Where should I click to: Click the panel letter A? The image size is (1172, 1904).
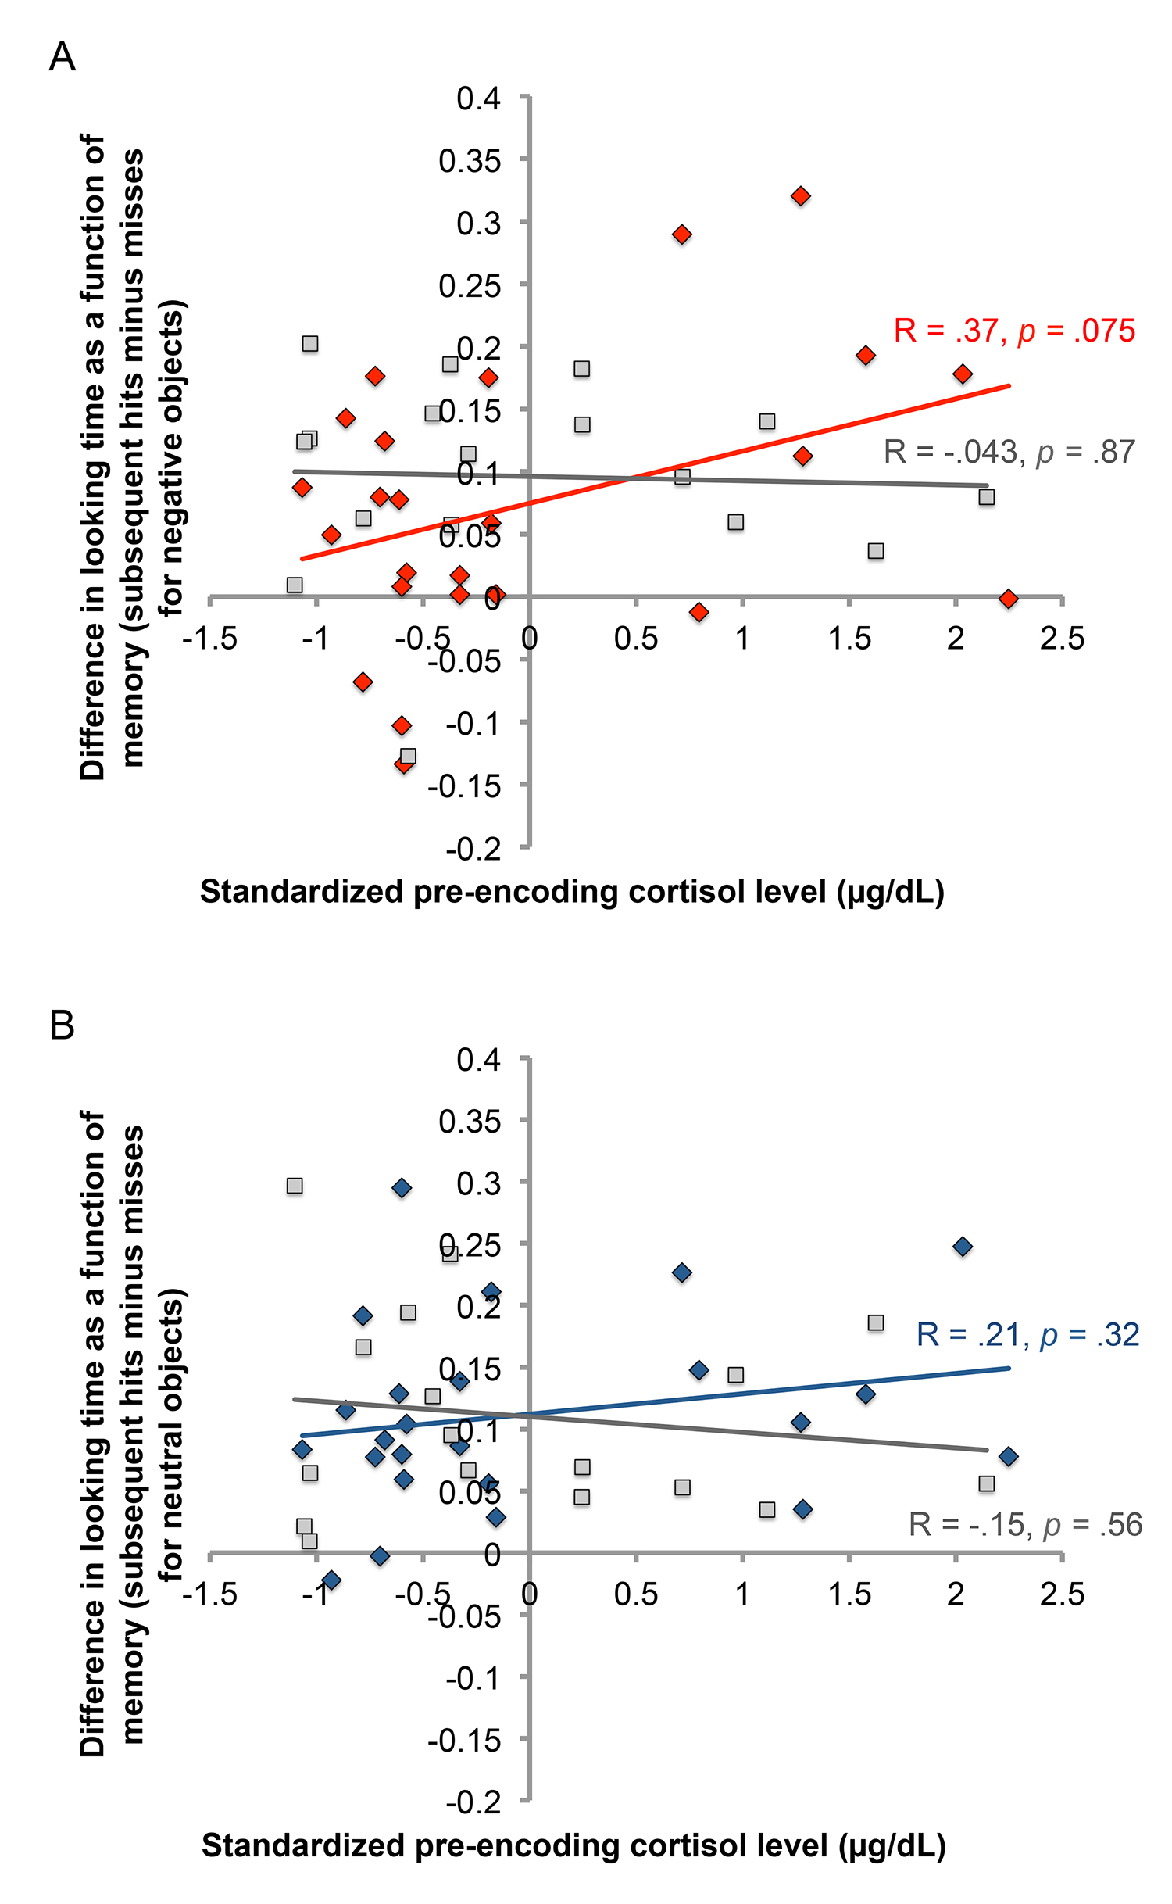(63, 57)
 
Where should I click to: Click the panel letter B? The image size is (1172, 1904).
(63, 1025)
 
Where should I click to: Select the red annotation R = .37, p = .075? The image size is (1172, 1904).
(1013, 331)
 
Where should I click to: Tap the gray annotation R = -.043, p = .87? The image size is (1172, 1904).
(1009, 452)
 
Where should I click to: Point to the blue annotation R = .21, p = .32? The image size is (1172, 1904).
(1027, 1334)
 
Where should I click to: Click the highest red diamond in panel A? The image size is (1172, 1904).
(800, 196)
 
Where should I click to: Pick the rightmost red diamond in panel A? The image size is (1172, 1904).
(1008, 599)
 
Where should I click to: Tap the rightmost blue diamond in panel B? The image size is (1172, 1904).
(1008, 1456)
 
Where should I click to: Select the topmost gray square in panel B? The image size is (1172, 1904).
(295, 1186)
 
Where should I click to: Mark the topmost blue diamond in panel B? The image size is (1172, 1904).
(402, 1188)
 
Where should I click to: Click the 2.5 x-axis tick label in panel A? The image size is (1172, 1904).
(1062, 639)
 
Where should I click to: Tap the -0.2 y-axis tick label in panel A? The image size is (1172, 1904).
(473, 849)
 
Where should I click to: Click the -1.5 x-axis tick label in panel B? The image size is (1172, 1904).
(209, 1594)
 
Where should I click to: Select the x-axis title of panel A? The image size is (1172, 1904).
(572, 892)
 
